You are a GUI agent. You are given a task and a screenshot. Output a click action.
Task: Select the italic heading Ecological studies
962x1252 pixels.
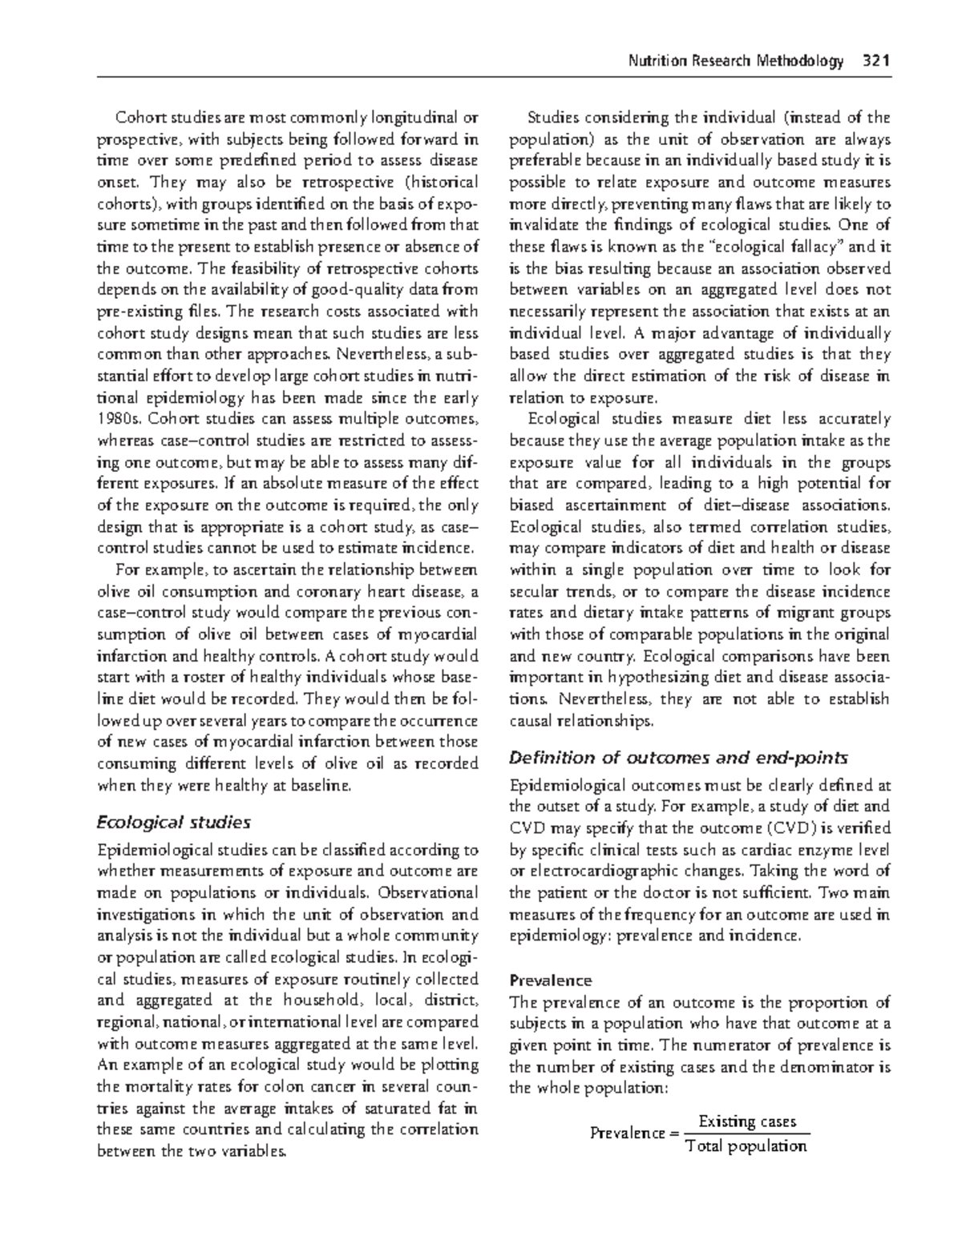[173, 822]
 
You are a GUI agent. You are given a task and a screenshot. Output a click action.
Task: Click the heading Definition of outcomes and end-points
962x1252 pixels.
[678, 758]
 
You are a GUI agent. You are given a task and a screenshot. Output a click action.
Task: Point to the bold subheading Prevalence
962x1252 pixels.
[551, 980]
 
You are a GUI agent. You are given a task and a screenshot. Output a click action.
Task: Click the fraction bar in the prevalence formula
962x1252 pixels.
[746, 1133]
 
